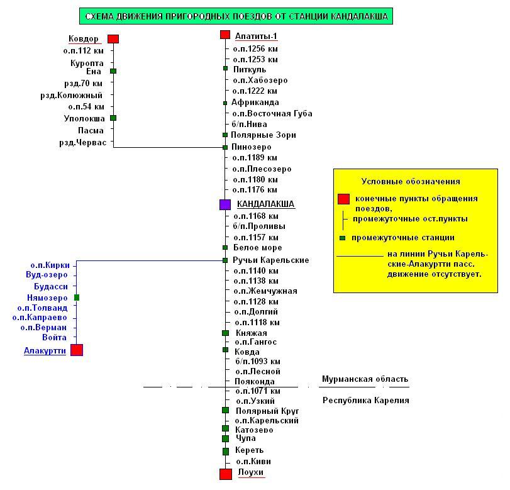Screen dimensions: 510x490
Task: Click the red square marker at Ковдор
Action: pos(113,39)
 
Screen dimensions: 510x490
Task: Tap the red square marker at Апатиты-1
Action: pos(225,35)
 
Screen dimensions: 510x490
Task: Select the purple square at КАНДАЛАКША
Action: pos(225,204)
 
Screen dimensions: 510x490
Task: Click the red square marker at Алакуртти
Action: pos(77,350)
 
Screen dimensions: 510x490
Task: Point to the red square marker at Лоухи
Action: pos(225,474)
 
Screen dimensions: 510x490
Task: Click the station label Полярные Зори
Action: pos(263,135)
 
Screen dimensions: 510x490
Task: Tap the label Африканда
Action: pos(255,103)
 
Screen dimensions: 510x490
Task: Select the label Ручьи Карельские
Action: pos(271,260)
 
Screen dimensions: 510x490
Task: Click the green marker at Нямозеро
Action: pos(77,298)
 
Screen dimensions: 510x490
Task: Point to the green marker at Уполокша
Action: pos(113,118)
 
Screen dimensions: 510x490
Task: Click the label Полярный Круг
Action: pos(267,410)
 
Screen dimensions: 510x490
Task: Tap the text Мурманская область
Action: pos(365,379)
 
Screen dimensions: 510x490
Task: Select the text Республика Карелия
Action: pos(365,400)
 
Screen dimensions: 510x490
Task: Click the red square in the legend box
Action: pos(343,199)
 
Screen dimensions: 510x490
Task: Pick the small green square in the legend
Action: pos(342,238)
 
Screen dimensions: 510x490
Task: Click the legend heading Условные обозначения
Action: pos(411,182)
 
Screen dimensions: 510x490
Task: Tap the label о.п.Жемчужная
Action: pos(265,291)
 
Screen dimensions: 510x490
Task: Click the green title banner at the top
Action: pos(236,16)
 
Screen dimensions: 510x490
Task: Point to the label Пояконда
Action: pos(254,382)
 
